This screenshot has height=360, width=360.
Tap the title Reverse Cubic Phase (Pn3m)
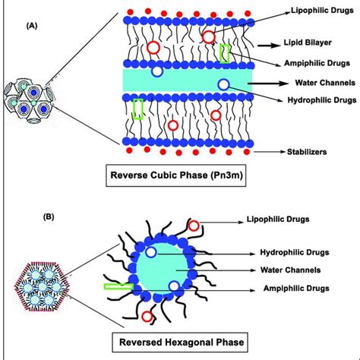(216, 182)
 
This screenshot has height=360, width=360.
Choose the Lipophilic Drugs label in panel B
(298, 220)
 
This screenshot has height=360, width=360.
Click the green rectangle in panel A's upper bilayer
(225, 53)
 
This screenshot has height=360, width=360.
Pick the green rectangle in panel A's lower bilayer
(137, 109)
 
